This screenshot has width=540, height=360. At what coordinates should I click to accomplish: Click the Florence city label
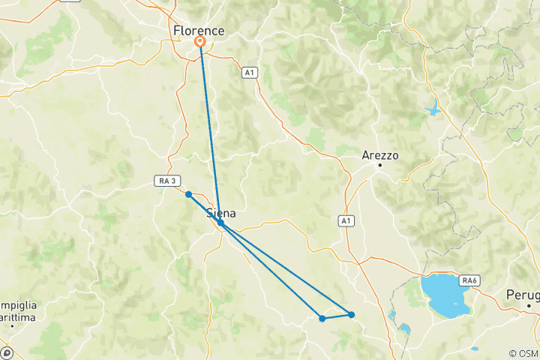coord(199,31)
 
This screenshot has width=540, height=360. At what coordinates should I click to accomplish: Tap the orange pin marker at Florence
coord(200,42)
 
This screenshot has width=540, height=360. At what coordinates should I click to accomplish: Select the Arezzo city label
coord(379,155)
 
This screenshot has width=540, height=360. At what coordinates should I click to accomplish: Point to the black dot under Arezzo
coord(380,164)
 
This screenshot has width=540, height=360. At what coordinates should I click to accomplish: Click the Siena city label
coord(220,214)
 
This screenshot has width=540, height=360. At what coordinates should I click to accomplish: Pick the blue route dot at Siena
coord(220,223)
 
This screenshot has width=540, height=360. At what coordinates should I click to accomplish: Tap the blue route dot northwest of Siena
coord(189,194)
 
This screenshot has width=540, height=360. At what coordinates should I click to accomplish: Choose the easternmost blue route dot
coord(351,314)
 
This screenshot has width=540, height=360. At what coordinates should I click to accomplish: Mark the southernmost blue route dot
coord(322,319)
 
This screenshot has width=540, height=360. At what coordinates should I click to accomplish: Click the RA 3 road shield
coord(168,181)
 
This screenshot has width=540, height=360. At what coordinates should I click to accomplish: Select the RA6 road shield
coord(470,280)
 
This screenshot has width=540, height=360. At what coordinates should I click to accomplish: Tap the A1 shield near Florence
coord(249,73)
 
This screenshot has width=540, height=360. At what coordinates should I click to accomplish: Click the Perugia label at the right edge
coord(523,294)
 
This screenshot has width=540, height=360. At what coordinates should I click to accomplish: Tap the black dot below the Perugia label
coord(529,305)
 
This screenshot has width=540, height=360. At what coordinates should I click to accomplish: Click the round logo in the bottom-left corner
coord(6,352)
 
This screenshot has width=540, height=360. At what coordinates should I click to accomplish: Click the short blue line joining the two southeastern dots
coord(337,316)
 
